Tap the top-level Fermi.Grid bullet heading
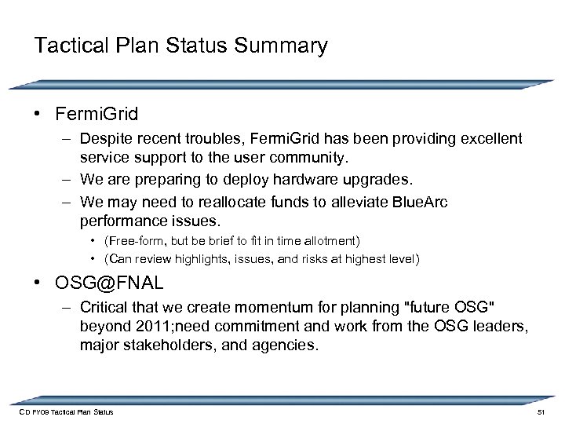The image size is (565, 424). coord(97,115)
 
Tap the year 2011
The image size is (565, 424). coord(151,327)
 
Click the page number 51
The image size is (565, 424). coord(539,412)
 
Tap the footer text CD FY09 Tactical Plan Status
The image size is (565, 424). coord(66,412)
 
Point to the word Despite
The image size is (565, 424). coord(106,139)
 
